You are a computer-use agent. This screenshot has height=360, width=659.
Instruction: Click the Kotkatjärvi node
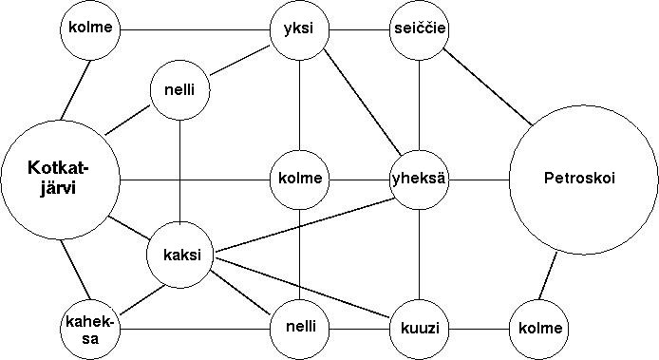(60, 180)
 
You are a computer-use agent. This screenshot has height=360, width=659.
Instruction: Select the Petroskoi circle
(583, 180)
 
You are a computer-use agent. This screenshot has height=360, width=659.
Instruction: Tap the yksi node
(299, 30)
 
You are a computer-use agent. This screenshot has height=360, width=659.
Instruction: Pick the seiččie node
(420, 30)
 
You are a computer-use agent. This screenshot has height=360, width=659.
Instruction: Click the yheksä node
(420, 180)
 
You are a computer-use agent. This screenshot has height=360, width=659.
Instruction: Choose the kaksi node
(179, 256)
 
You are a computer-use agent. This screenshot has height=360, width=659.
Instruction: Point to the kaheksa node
(90, 330)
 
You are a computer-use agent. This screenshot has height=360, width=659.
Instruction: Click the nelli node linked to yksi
(179, 90)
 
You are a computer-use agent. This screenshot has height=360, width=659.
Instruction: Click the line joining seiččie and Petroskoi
(488, 87)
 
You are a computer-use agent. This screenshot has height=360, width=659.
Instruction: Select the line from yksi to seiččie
(359, 30)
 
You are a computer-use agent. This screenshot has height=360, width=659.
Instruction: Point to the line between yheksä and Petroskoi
(480, 180)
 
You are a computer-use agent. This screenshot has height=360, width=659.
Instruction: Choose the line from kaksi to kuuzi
(302, 287)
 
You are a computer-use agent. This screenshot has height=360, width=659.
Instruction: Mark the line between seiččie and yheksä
(420, 105)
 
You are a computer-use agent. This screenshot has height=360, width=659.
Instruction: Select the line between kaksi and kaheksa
(142, 300)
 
